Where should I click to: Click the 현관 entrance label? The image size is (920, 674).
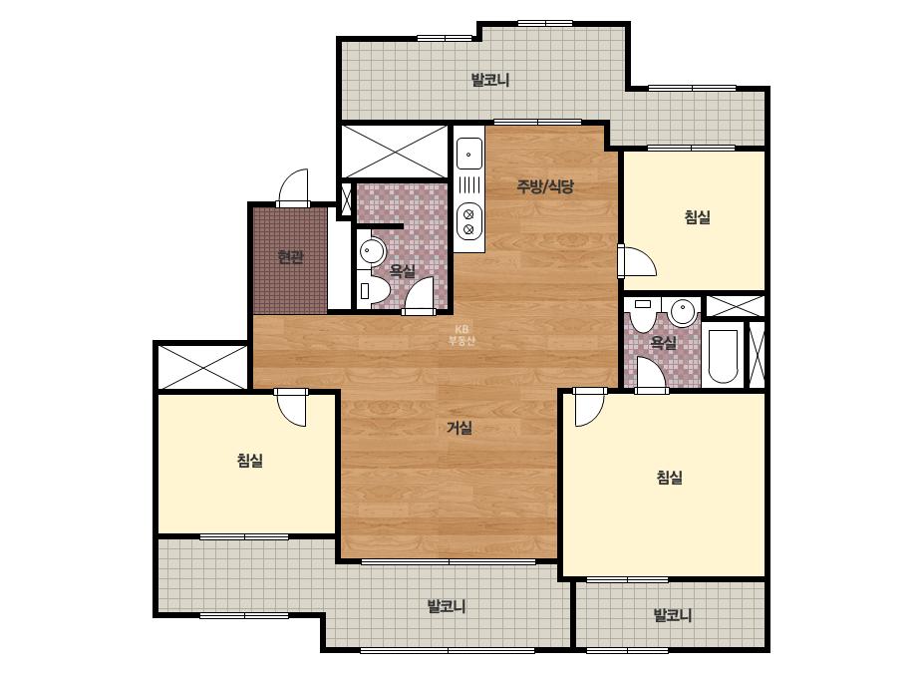tap(290, 256)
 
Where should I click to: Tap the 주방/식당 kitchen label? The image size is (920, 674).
tap(545, 186)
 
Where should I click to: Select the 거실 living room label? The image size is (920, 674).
tap(460, 428)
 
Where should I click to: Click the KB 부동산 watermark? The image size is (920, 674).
tap(461, 335)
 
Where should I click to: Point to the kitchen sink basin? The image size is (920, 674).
tap(469, 154)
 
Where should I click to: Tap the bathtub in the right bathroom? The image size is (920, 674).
tap(723, 356)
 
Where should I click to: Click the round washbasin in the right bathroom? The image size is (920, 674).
tap(683, 312)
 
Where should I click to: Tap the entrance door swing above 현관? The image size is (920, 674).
tap(293, 187)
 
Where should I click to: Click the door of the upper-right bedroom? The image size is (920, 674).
tap(637, 262)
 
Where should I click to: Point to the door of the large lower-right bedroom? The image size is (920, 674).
tap(590, 406)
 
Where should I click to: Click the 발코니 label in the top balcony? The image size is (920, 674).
tap(490, 80)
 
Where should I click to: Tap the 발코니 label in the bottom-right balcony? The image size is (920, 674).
tap(673, 615)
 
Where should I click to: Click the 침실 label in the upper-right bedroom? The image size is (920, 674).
tap(697, 217)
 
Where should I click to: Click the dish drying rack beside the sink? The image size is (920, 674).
tap(469, 185)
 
